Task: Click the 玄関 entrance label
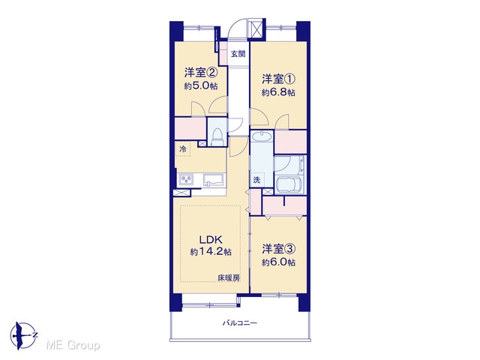238,54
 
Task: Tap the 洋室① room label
278,79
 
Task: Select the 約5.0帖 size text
201,86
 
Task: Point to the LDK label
211,239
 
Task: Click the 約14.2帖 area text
211,252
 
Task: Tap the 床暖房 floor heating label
229,278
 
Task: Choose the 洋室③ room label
278,249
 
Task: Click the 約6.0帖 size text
278,262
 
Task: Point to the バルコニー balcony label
240,322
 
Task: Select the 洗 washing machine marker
256,180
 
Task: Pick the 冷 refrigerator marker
183,149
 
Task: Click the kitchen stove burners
186,179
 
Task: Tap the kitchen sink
214,179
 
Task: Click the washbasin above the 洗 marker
261,136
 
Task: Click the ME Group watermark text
73,346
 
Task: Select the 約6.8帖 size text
278,92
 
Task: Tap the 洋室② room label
201,73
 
